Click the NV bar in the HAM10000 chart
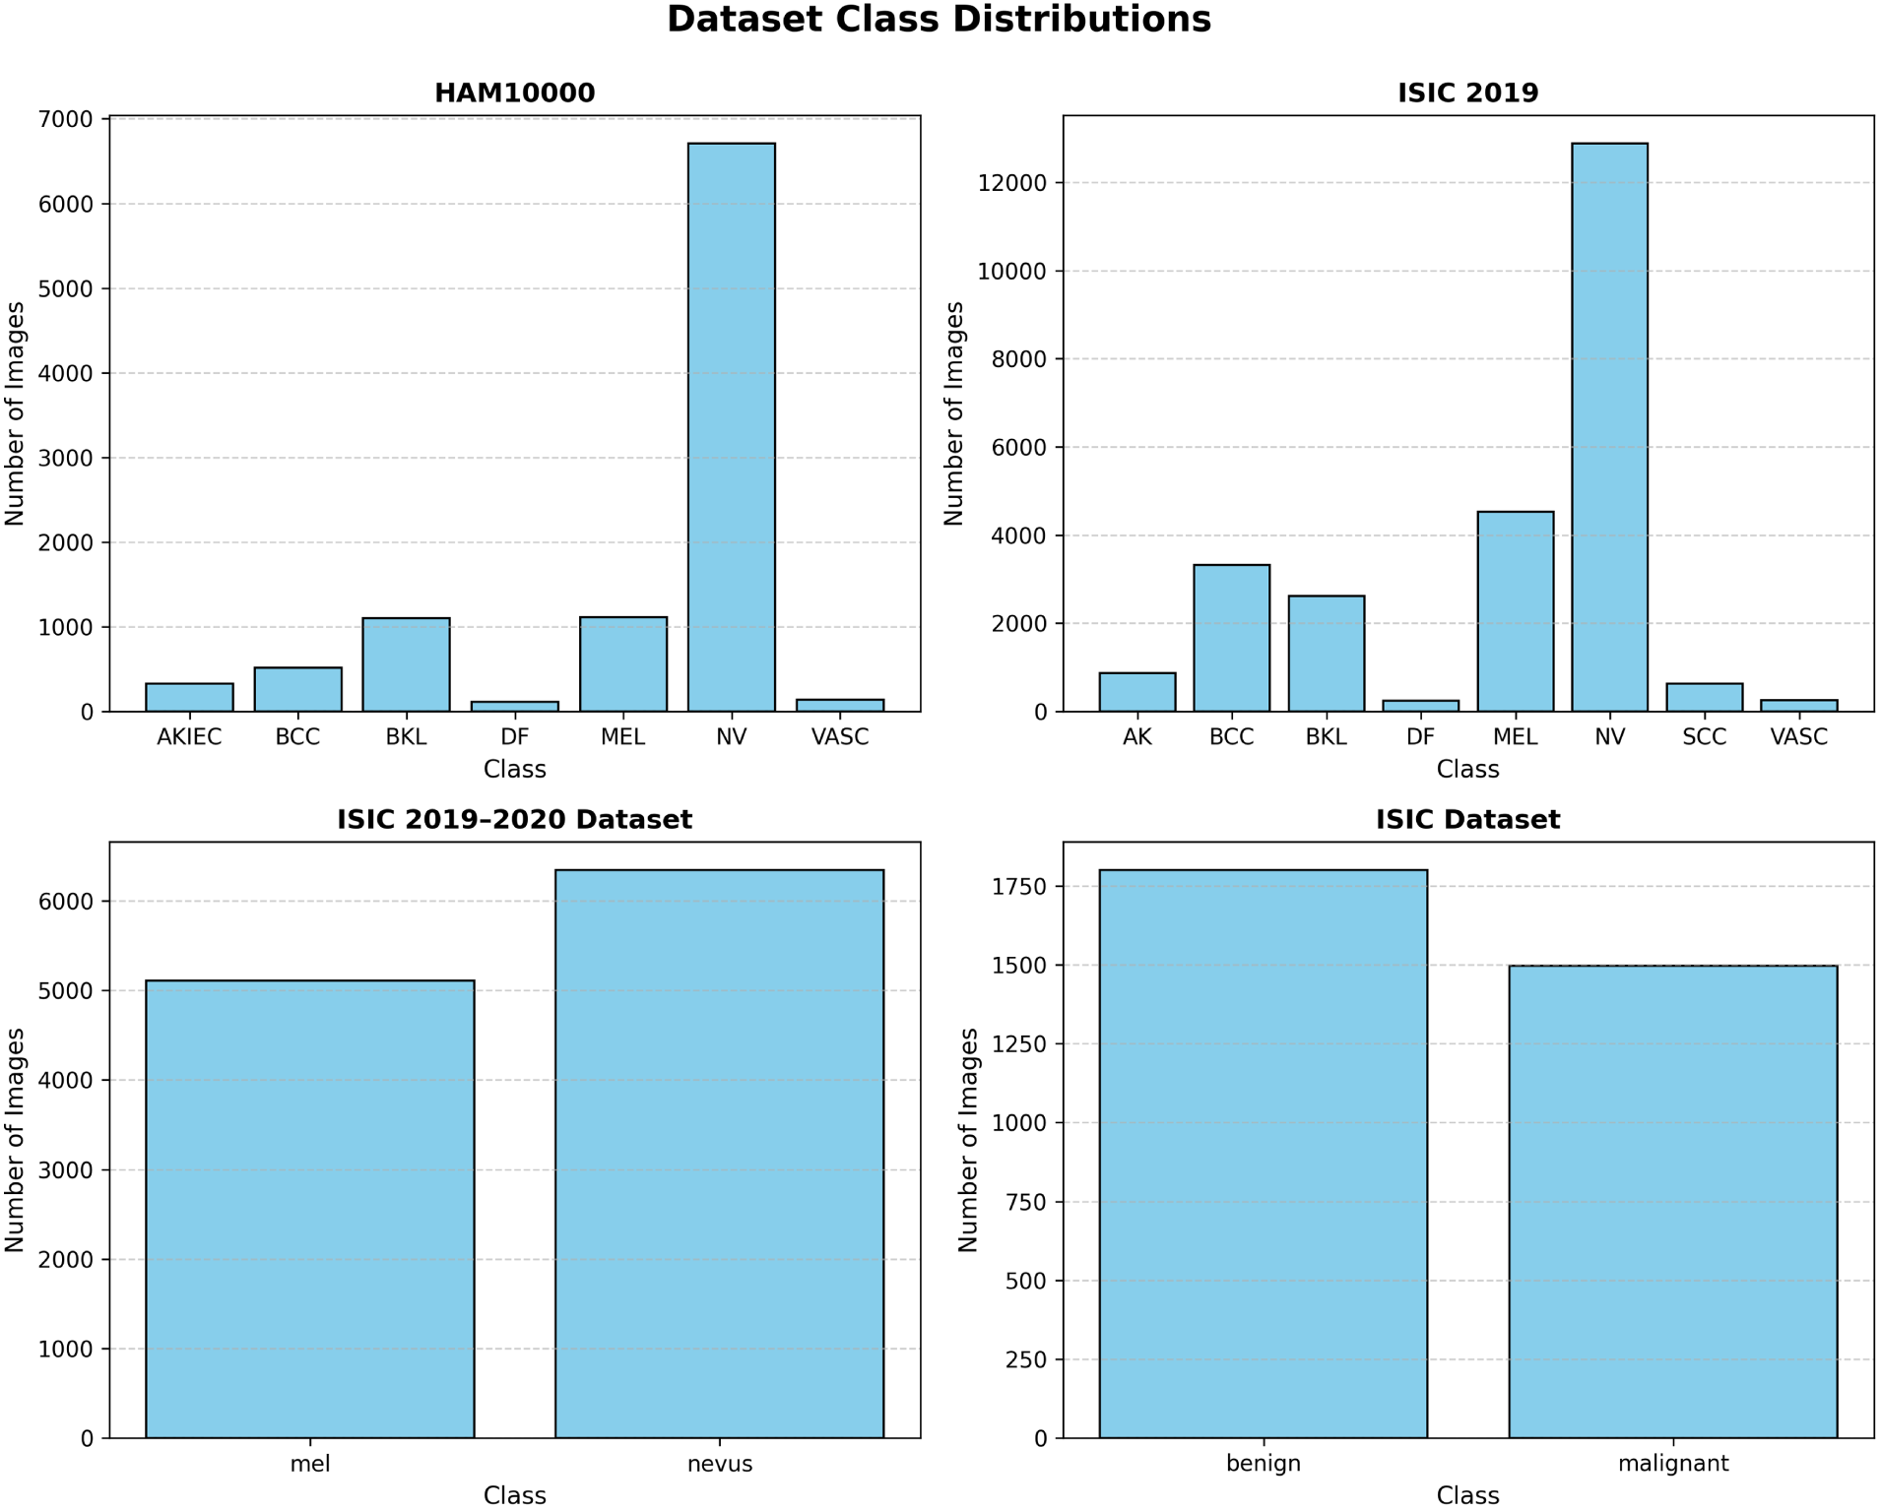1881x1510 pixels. (x=731, y=427)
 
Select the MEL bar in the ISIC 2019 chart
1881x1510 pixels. (x=1515, y=611)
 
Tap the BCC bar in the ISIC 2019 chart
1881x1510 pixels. (x=1231, y=638)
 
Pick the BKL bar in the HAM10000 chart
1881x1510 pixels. (x=406, y=664)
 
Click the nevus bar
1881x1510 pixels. (x=719, y=1154)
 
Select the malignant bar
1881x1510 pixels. (x=1672, y=1202)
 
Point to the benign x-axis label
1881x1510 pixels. (x=1264, y=1464)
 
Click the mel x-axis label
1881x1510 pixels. (x=310, y=1464)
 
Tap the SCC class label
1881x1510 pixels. (x=1704, y=737)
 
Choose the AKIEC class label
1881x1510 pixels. (x=189, y=737)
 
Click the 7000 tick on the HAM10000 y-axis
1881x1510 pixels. (x=65, y=119)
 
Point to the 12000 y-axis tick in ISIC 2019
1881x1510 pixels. (x=1011, y=183)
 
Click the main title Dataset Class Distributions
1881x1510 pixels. (x=939, y=20)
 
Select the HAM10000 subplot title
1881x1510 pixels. (x=514, y=93)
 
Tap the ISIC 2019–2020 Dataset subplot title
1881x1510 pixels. (x=514, y=819)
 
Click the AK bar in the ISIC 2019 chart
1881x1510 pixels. (x=1136, y=692)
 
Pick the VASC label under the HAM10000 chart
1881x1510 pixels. (x=839, y=737)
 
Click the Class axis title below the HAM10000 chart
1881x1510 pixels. (x=514, y=770)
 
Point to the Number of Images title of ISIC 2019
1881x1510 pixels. (x=953, y=413)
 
